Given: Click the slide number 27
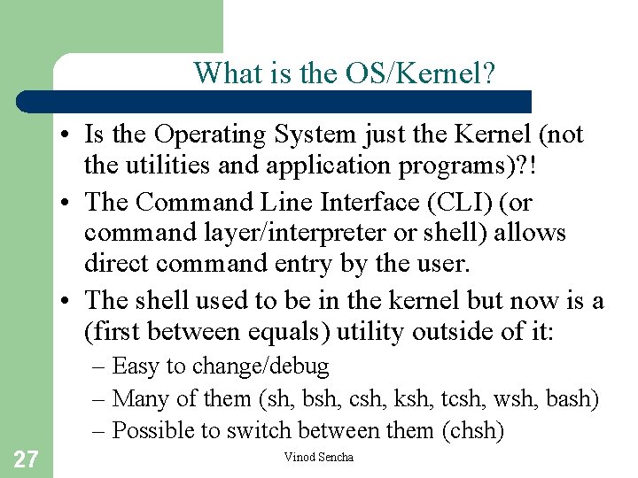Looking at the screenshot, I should (x=26, y=459).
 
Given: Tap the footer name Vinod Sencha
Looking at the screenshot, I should (x=318, y=458).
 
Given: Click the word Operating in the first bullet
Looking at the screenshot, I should (x=210, y=135).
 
